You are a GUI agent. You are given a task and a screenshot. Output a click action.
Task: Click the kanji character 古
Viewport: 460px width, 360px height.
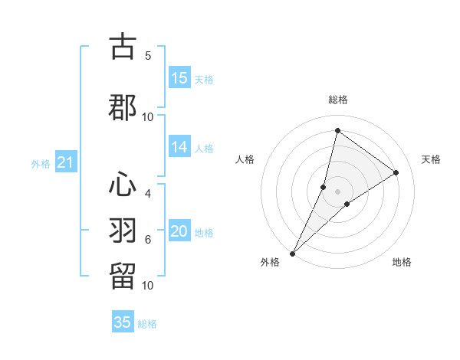tap(123, 47)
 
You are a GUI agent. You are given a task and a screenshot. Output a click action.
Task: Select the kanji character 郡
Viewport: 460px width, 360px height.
tap(123, 107)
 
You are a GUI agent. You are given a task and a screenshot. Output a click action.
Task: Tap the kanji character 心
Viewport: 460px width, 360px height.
tap(123, 185)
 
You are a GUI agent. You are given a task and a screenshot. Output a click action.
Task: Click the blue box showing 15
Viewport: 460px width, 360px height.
tap(179, 79)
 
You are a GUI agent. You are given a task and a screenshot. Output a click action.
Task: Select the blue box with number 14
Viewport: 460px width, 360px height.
tap(179, 148)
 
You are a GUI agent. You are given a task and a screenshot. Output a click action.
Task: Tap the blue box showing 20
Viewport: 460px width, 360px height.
tap(179, 232)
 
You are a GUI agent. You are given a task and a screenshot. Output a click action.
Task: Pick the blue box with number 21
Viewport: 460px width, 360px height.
tap(65, 162)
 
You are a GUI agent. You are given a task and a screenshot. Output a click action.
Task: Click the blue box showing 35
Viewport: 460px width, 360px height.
tap(123, 322)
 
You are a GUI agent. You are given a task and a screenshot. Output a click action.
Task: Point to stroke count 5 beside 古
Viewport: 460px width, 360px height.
tap(148, 56)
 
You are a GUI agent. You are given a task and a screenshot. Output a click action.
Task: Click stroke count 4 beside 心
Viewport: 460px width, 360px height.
tap(148, 194)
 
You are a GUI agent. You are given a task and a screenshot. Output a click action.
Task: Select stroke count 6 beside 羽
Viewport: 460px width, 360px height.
tap(148, 240)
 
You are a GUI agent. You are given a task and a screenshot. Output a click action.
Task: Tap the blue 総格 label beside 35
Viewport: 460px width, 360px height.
tap(147, 324)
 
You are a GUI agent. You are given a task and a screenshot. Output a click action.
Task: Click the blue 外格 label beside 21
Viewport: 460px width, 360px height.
tap(41, 164)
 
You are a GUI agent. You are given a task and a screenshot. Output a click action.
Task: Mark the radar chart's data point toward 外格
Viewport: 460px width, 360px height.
tap(292, 253)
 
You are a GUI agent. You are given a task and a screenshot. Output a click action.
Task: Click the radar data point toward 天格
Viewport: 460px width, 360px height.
tap(396, 173)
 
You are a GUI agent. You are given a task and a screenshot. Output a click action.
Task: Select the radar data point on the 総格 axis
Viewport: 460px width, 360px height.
tap(337, 130)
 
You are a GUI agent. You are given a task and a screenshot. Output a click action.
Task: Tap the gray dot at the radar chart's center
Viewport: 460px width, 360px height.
tap(337, 191)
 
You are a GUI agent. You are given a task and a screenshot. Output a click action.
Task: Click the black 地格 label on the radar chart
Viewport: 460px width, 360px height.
tap(402, 263)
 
